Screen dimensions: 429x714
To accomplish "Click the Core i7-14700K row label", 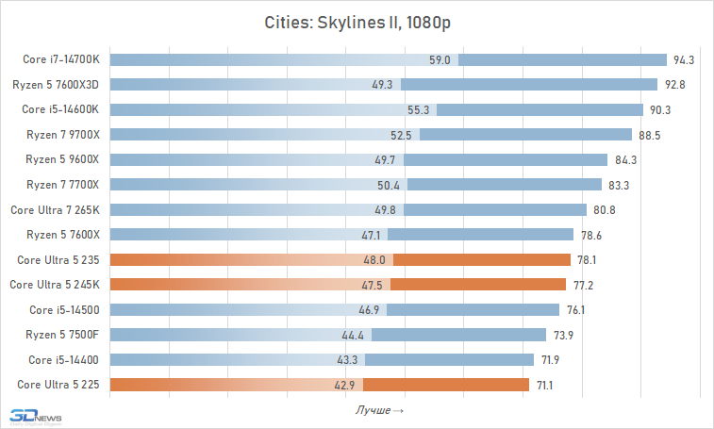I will coord(61,60).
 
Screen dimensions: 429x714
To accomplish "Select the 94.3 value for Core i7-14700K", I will coord(684,60).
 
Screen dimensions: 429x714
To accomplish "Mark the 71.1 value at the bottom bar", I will coord(545,384).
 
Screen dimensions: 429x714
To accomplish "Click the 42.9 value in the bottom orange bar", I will coord(344,384).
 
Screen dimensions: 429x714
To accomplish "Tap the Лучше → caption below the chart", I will coord(380,410).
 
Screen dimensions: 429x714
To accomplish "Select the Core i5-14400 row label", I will coord(64,359).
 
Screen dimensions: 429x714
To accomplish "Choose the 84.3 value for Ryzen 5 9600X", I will coord(624,159).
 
